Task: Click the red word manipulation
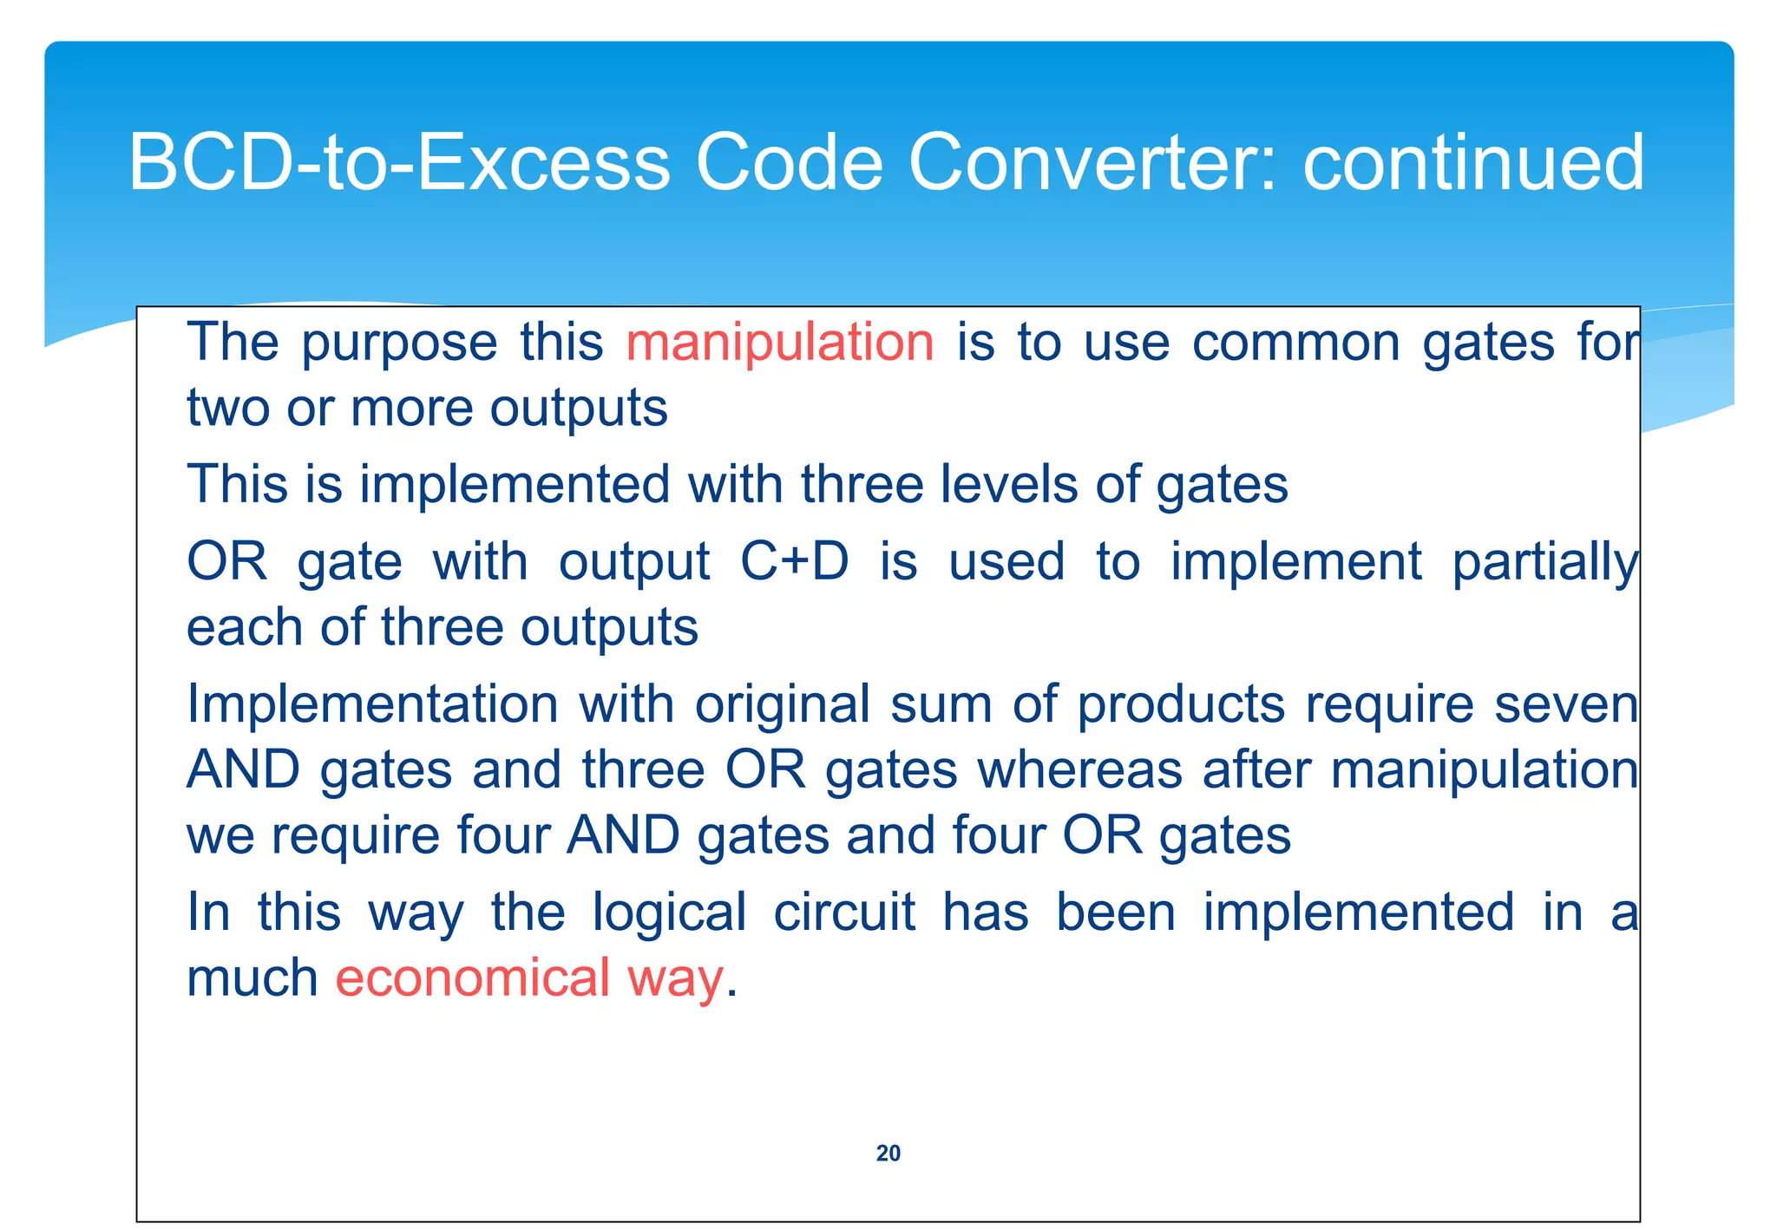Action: (779, 342)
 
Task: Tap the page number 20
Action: (888, 1153)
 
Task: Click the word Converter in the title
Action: (1092, 163)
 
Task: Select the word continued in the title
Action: (1473, 163)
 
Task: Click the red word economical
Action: (473, 978)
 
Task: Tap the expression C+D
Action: (794, 561)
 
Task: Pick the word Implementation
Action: (372, 703)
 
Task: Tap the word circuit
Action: (843, 913)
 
